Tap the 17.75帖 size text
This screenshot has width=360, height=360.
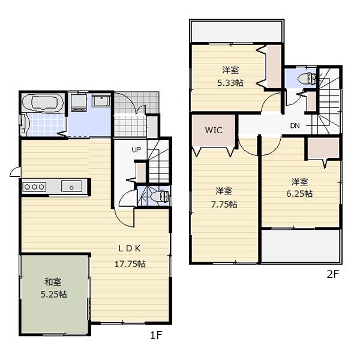click(x=130, y=263)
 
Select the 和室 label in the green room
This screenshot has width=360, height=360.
click(x=53, y=281)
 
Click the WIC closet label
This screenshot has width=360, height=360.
click(x=214, y=130)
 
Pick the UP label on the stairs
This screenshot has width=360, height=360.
click(x=137, y=149)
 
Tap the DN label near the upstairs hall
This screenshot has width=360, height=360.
click(x=295, y=125)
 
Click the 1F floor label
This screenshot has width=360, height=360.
click(x=156, y=337)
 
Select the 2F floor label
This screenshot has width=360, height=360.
click(x=333, y=275)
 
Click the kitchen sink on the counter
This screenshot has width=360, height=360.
click(x=71, y=187)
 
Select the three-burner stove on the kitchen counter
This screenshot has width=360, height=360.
click(x=34, y=187)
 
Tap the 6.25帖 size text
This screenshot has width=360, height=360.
click(x=300, y=193)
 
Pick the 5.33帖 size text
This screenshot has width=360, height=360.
click(x=229, y=83)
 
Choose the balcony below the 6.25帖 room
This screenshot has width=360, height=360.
click(x=301, y=246)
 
